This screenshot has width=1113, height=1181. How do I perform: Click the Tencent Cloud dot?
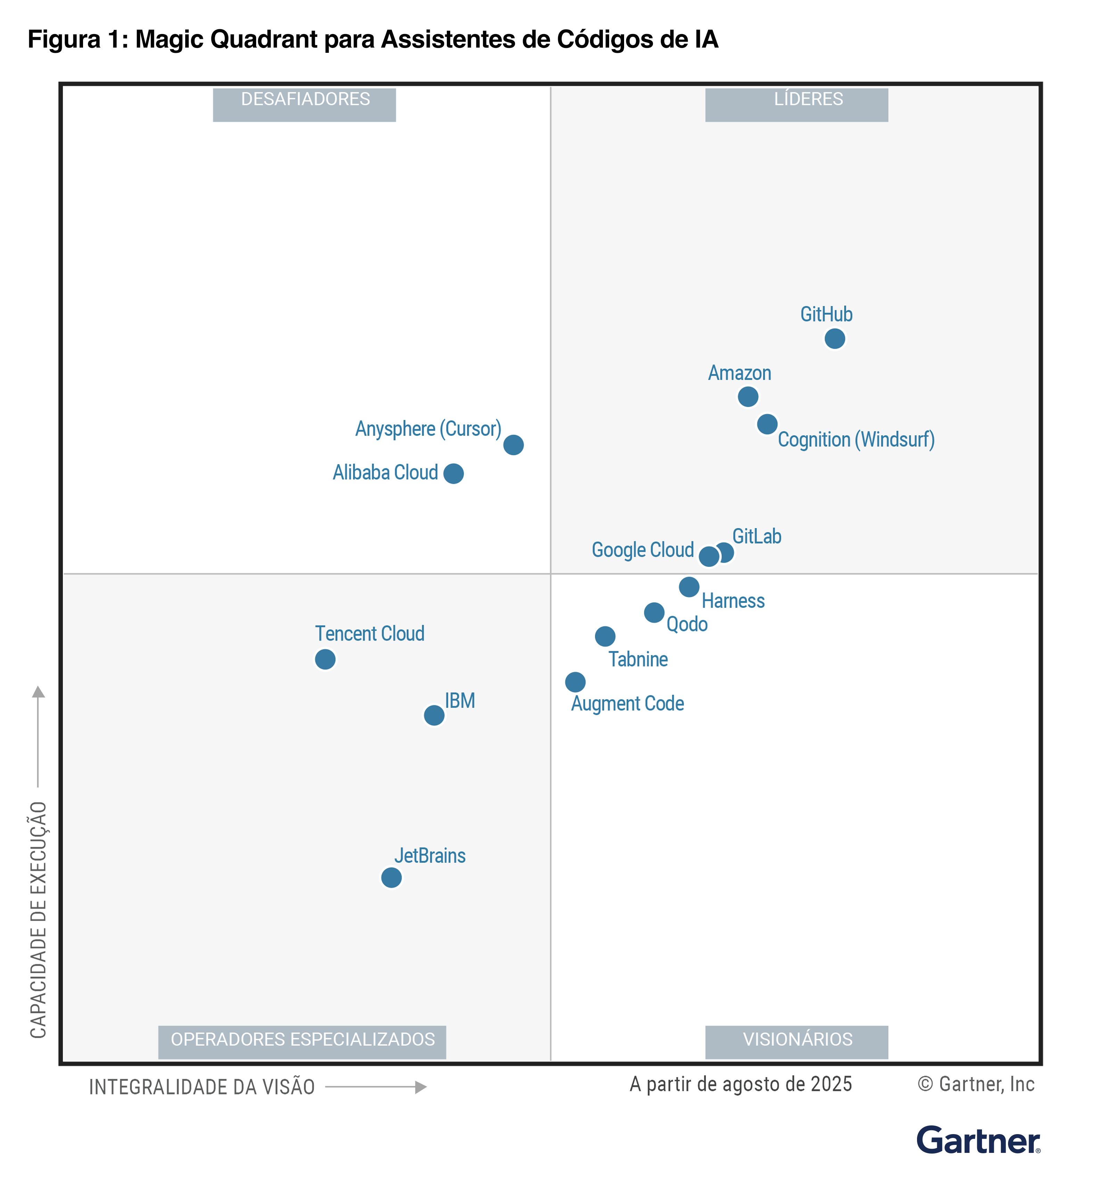click(x=325, y=659)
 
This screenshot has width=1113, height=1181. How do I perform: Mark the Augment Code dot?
click(x=575, y=682)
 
